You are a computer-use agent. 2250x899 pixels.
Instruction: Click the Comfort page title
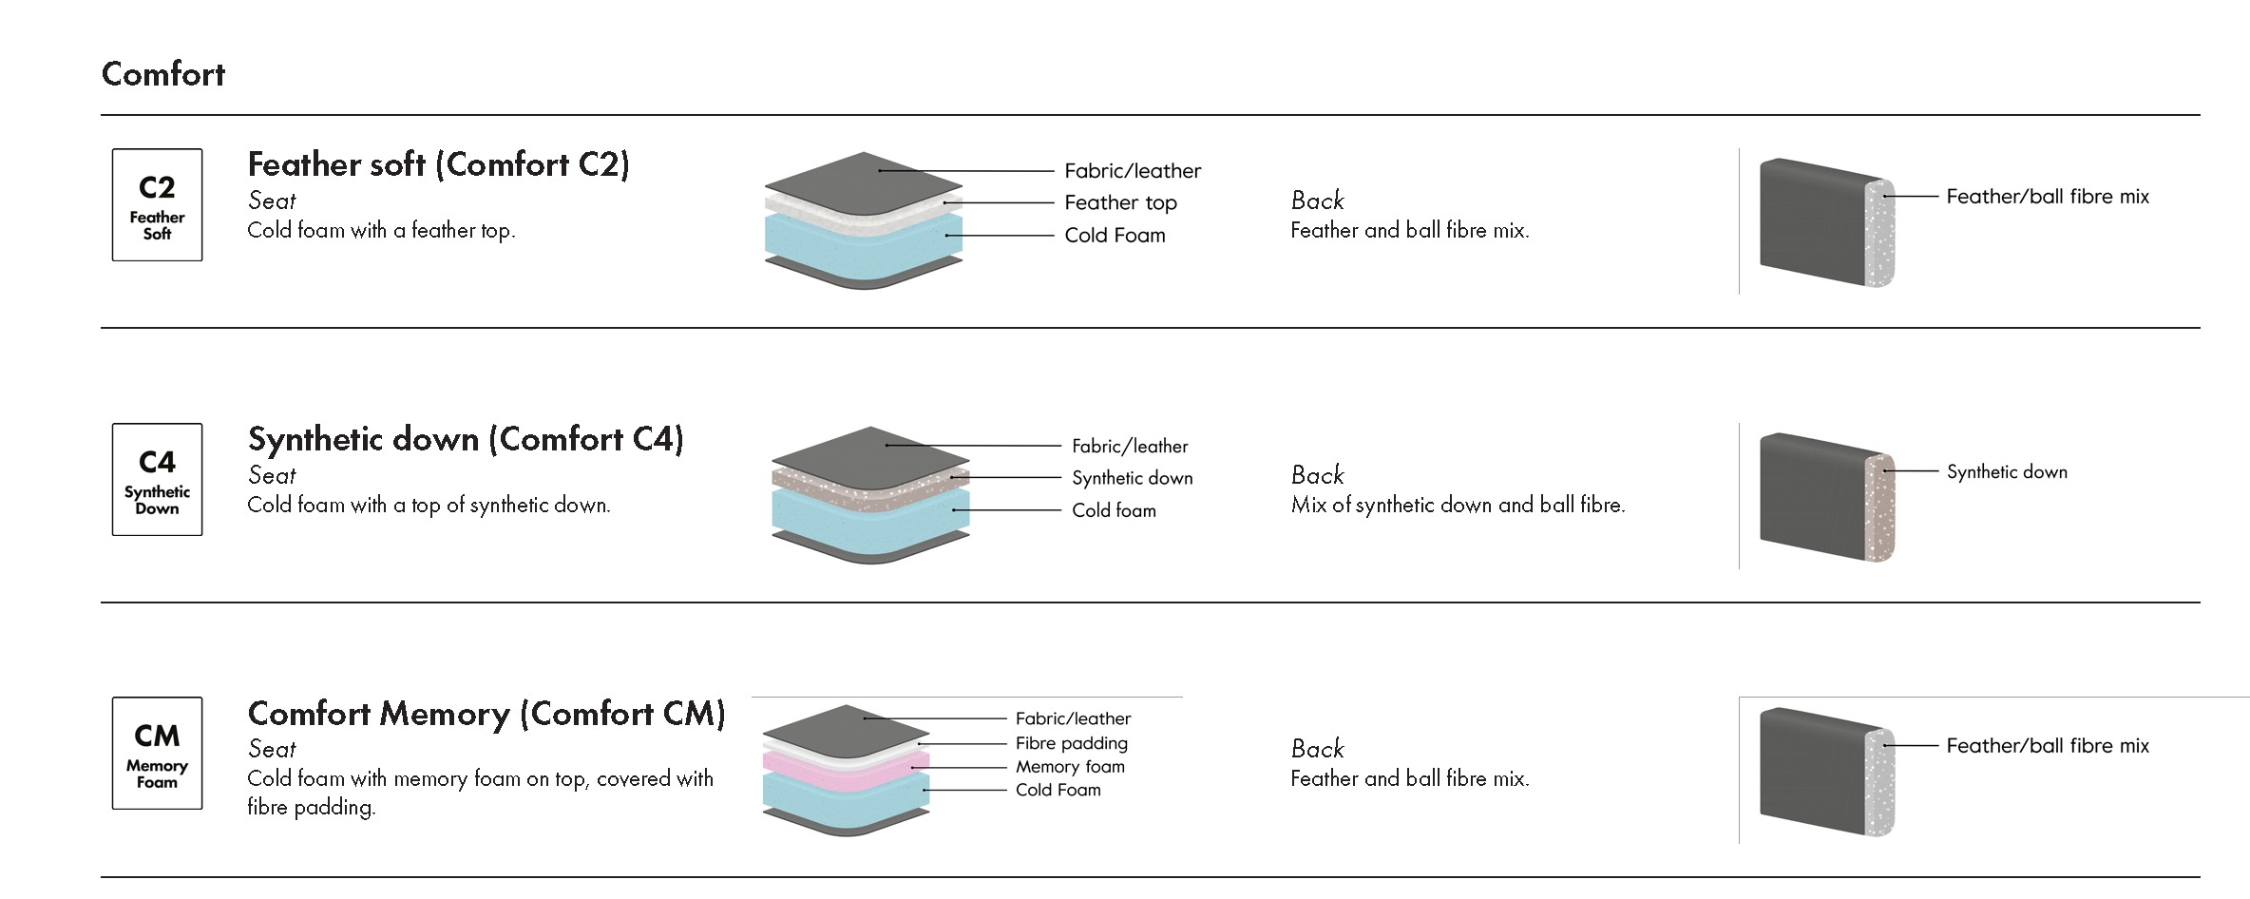[x=163, y=74]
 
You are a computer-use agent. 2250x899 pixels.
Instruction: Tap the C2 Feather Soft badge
[x=157, y=204]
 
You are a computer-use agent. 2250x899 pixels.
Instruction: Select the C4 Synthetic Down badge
[x=157, y=479]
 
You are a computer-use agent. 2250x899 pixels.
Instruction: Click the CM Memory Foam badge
[x=157, y=753]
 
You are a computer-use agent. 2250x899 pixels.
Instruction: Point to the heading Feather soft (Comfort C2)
[x=438, y=164]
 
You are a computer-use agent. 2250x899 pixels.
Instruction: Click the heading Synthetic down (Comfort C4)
[x=466, y=439]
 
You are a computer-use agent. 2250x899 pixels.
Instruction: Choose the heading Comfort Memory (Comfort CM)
[x=486, y=714]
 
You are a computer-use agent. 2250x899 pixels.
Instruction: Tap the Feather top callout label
[x=1120, y=202]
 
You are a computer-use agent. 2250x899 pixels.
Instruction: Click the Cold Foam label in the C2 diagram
[x=1115, y=235]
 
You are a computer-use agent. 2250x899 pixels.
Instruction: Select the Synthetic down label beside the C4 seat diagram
[x=1132, y=478]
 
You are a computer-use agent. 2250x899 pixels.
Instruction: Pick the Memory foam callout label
[x=1070, y=767]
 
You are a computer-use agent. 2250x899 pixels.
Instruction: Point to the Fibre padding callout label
[x=1071, y=743]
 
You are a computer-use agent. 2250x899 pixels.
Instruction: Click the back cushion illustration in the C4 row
[x=1824, y=496]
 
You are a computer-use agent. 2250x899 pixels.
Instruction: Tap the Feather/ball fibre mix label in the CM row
[x=2047, y=746]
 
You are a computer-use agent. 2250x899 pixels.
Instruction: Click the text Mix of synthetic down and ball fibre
[x=1458, y=506]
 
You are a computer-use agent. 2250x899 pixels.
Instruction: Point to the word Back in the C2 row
[x=1317, y=201]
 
